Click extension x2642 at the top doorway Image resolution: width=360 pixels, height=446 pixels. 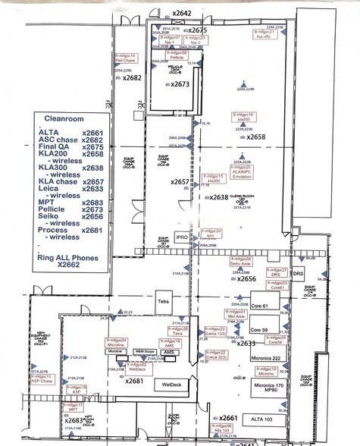click(x=182, y=13)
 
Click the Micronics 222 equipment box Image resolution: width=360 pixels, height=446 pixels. click(x=266, y=357)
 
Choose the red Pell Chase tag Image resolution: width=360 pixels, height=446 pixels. click(x=124, y=58)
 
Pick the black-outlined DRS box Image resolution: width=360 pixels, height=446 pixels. click(x=298, y=273)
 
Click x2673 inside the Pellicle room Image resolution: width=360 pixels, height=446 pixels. click(x=180, y=84)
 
